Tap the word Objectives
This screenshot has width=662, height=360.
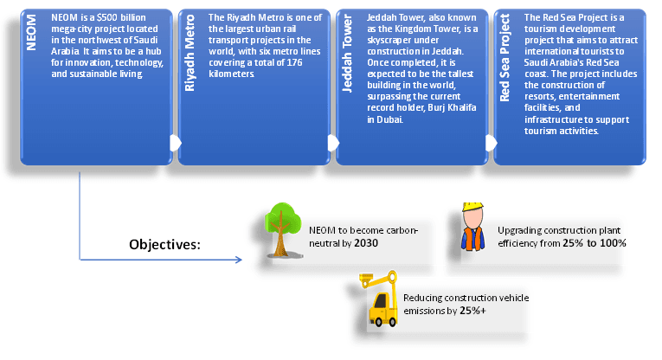pyautogui.click(x=164, y=245)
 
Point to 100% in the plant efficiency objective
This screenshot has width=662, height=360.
pyautogui.click(x=610, y=243)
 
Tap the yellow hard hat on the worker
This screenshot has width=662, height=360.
pyautogui.click(x=472, y=208)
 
